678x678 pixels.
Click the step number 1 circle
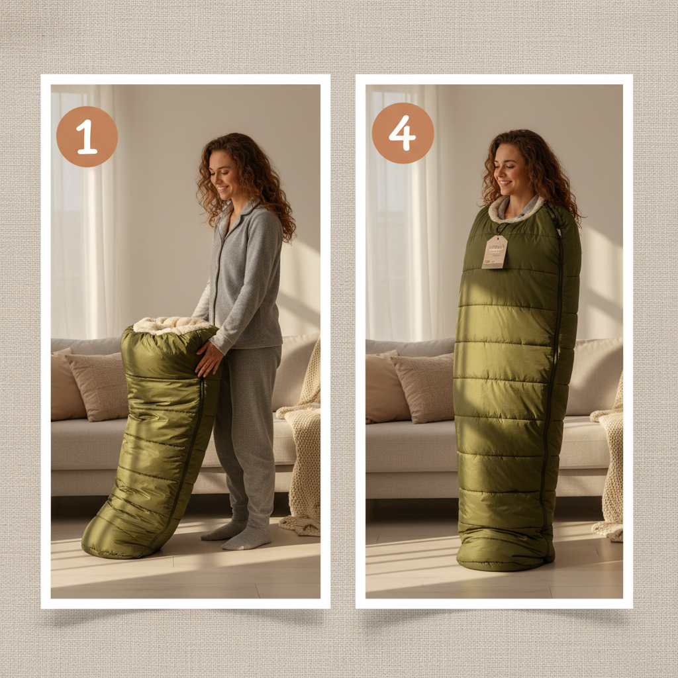(87, 136)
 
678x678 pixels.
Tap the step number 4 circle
(403, 133)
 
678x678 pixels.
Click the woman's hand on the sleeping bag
(209, 358)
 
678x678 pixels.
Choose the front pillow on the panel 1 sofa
(99, 387)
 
